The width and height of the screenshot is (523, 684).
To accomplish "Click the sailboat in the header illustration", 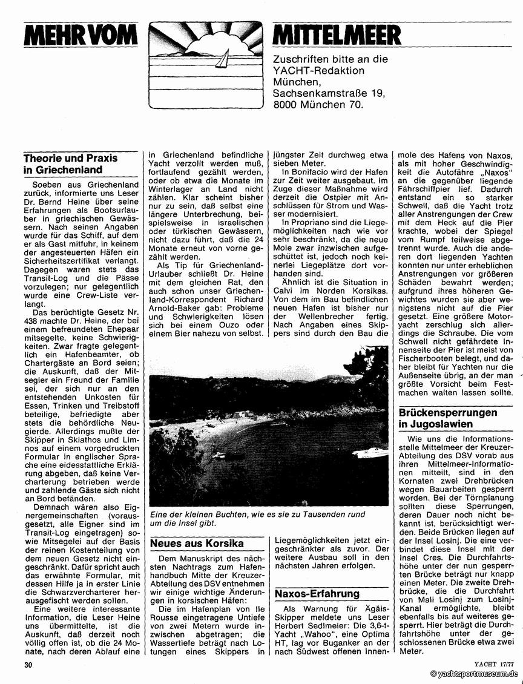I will pyautogui.click(x=223, y=59).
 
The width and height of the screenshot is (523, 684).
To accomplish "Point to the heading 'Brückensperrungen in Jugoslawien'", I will pyautogui.click(x=448, y=418).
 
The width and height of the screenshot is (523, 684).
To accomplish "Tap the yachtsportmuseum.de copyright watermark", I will pyautogui.click(x=474, y=674).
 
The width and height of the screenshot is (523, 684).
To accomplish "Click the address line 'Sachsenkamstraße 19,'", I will pyautogui.click(x=330, y=93).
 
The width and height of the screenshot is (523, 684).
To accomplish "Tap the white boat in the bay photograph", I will pyautogui.click(x=370, y=453).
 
